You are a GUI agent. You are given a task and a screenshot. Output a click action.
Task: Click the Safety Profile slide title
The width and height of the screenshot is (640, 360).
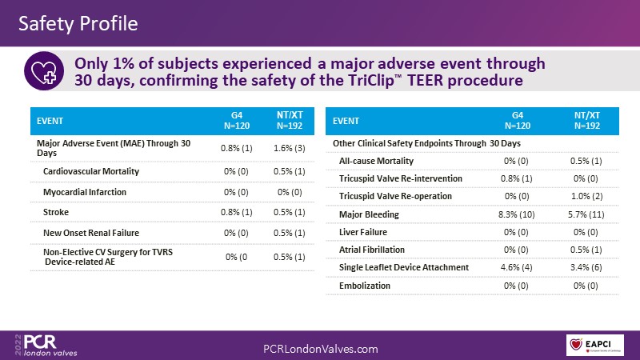click(78, 23)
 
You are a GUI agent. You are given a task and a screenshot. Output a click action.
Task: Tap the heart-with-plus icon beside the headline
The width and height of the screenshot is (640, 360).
click(44, 71)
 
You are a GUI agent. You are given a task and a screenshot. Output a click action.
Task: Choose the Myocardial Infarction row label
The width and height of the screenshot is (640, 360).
click(85, 192)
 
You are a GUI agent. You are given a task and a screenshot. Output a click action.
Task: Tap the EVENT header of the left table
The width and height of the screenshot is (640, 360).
click(51, 122)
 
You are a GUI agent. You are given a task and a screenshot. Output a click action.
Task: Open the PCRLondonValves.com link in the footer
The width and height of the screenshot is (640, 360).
click(320, 349)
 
